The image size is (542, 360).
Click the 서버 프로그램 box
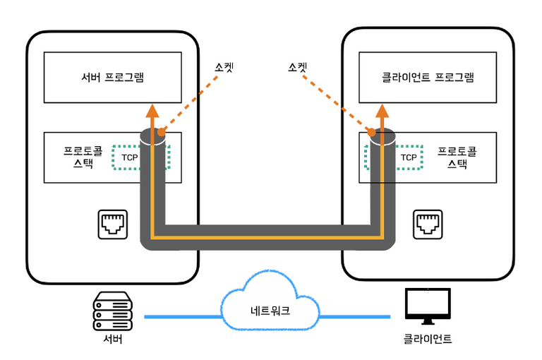coord(112,77)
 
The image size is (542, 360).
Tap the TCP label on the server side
coord(130,157)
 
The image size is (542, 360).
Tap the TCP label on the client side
coord(409,157)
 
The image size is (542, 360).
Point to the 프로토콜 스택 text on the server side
coord(83,157)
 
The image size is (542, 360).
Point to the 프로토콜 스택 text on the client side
coord(457,157)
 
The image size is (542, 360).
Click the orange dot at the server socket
coord(162,131)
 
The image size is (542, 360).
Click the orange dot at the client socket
coord(371,132)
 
